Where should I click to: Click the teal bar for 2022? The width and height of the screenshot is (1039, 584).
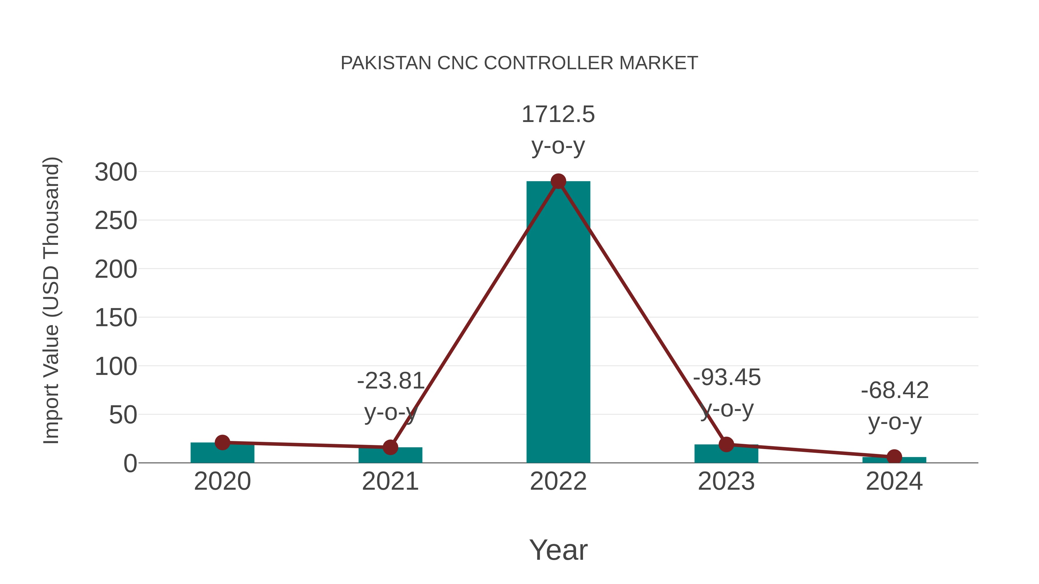click(558, 322)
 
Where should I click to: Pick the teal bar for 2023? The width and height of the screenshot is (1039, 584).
click(726, 455)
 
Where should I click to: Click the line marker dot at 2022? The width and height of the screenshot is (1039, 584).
click(558, 181)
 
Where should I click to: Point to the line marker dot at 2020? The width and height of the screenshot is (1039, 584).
click(222, 442)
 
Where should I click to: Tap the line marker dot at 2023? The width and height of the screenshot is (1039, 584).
click(726, 444)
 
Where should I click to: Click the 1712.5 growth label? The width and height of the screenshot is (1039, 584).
click(558, 114)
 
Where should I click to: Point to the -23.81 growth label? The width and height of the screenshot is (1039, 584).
click(390, 381)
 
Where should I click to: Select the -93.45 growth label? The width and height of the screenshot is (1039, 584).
click(726, 378)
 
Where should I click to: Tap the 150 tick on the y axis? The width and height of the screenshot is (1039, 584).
click(116, 318)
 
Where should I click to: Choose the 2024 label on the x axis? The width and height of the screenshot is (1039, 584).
click(894, 482)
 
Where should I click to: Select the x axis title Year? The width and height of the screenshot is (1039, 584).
click(558, 550)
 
